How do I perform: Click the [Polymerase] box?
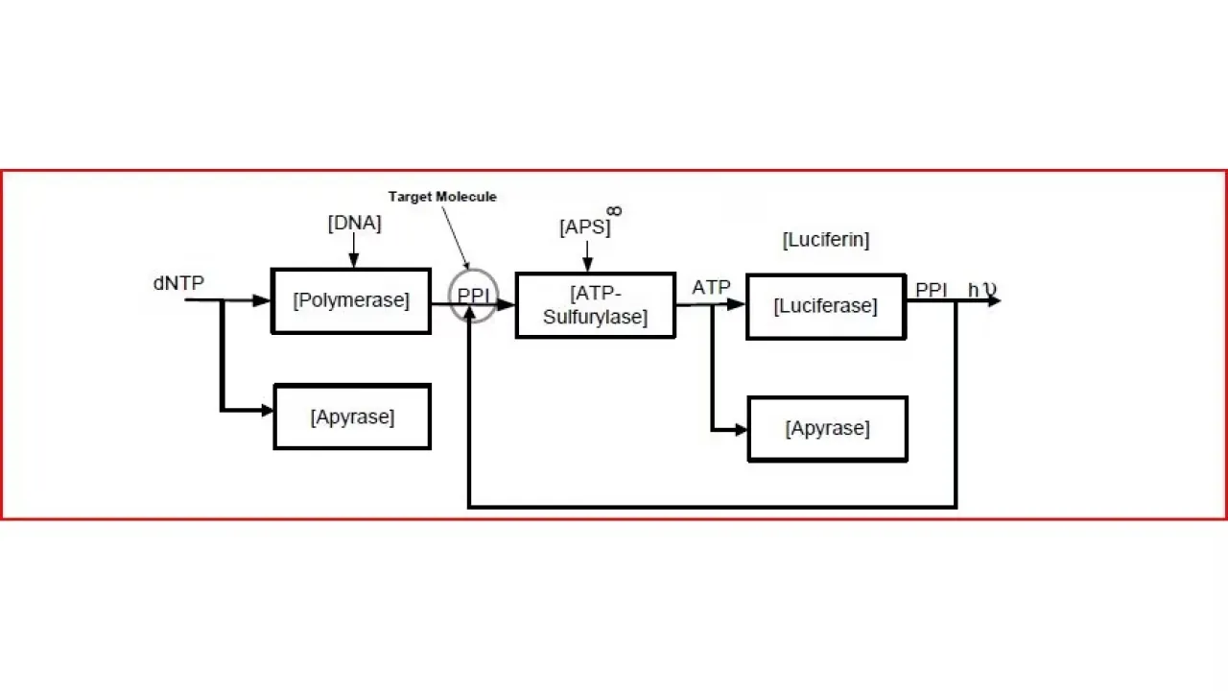coord(351,300)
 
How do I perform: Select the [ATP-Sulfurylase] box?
coord(595,305)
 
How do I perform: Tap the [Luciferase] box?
coord(825,306)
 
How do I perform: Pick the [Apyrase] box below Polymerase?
coord(352,417)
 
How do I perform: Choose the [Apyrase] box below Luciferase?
coord(827,429)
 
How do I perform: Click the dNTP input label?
coord(178,283)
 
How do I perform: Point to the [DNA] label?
coord(354,224)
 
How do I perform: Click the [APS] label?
coord(584,228)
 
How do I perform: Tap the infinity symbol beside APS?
coord(614,210)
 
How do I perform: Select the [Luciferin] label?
coord(825,240)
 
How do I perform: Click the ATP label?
coord(711,287)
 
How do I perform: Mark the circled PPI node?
coord(474,296)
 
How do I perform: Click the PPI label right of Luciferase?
coord(932,290)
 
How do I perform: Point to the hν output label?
coord(981,290)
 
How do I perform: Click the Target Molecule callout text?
coord(442,197)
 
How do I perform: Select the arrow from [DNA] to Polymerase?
coord(354,250)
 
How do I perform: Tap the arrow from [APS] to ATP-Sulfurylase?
coord(588,256)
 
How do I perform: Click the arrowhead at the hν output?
coord(994,300)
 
